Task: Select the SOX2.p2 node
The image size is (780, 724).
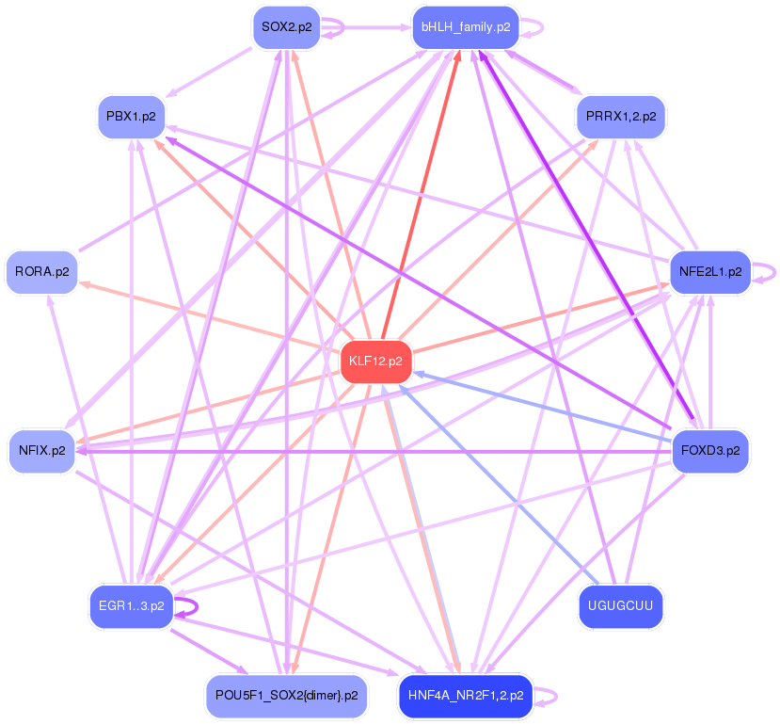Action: (x=286, y=27)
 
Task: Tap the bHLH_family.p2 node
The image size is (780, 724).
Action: (x=466, y=27)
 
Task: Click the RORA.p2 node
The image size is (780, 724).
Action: (x=41, y=272)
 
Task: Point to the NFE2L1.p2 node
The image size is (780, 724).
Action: (x=709, y=272)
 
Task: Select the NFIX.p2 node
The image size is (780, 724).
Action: (x=41, y=451)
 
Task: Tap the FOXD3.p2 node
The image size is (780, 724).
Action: (x=709, y=451)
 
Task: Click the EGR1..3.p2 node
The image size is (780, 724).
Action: (x=131, y=605)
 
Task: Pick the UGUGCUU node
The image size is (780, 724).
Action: (x=620, y=605)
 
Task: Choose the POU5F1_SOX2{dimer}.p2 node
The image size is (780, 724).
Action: (x=286, y=696)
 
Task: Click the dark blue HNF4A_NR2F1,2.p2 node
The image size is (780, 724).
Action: (x=466, y=696)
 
